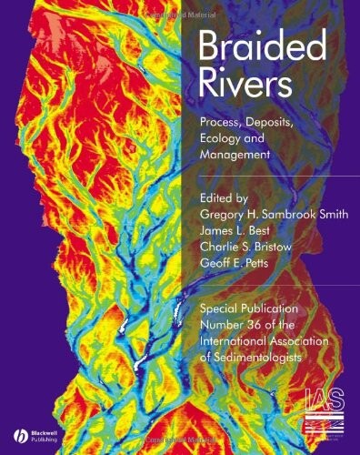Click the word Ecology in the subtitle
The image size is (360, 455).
224,138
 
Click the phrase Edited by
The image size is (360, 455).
227,193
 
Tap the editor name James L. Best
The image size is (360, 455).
239,229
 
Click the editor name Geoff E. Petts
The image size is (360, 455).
237,264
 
